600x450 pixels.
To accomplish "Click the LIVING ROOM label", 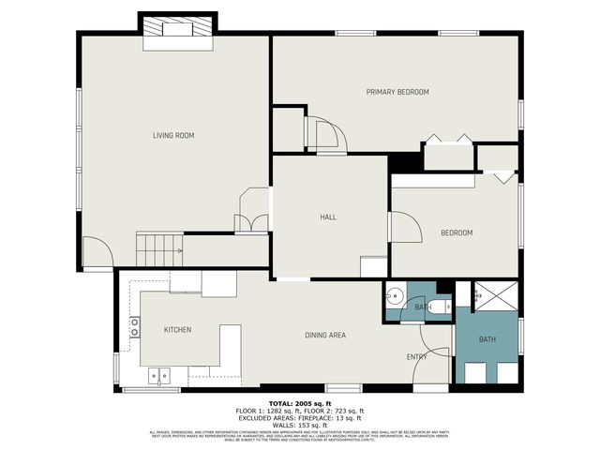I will [173, 136].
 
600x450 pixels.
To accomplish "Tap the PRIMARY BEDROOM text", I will [397, 92].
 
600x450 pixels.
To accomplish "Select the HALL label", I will [328, 217].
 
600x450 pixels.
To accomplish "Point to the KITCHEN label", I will [178, 330].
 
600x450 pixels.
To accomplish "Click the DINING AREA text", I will [325, 336].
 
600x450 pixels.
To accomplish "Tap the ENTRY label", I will [416, 357].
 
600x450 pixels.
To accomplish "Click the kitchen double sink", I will [160, 376].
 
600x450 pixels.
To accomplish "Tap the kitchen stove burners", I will [135, 327].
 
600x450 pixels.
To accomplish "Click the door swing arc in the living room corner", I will [97, 252].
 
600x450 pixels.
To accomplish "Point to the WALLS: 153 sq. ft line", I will [300, 426].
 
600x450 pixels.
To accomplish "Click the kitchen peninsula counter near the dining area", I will [230, 344].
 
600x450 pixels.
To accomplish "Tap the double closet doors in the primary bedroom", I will [449, 140].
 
